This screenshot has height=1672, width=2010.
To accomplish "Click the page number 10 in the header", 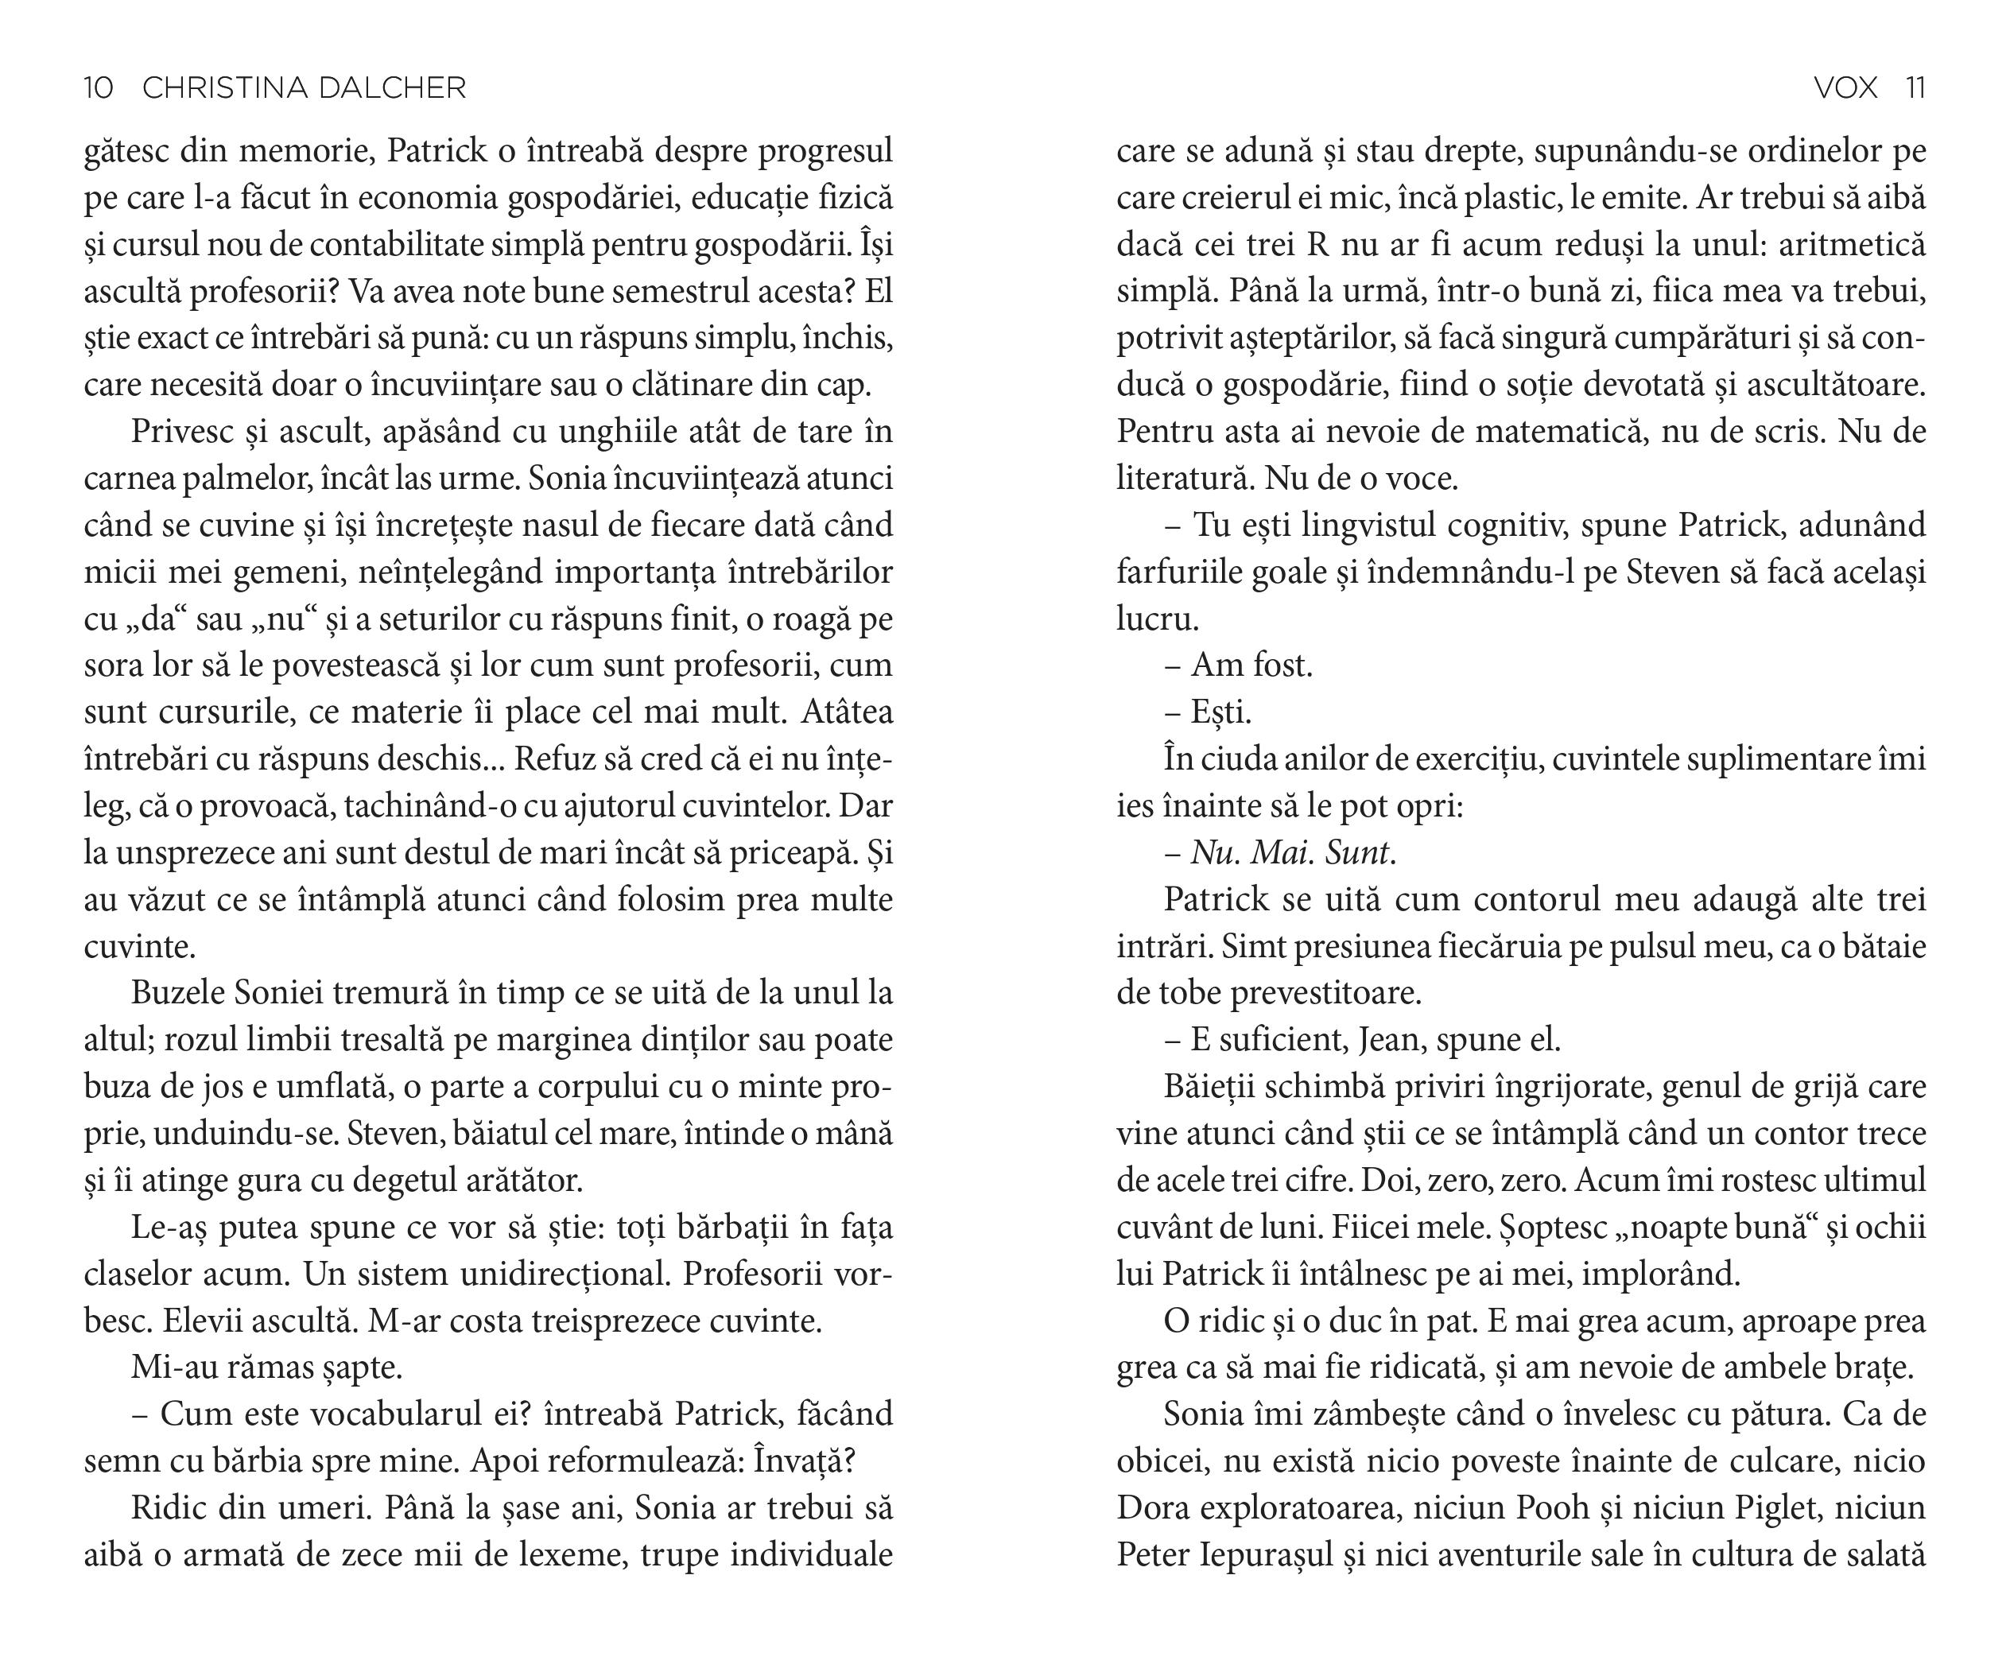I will point(99,88).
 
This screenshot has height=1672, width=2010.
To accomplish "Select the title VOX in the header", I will point(1845,88).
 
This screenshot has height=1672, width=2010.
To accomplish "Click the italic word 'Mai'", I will point(1282,853).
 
